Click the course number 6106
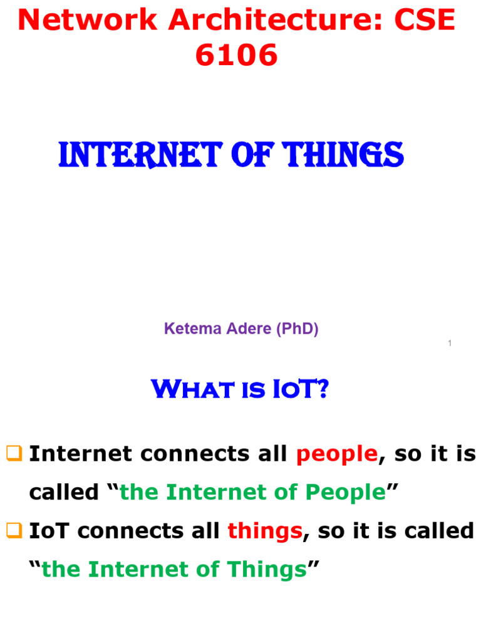236,56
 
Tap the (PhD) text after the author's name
296,329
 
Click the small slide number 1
450,343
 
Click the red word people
336,454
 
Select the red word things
265,531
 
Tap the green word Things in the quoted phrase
267,570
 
